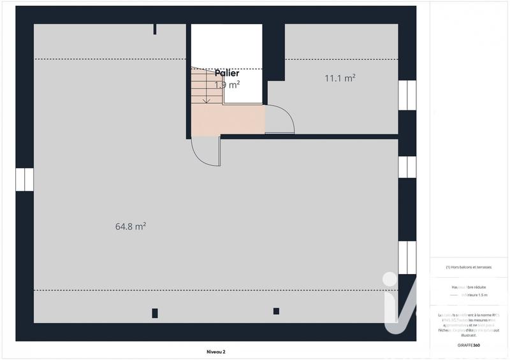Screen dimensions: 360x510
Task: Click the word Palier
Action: [227, 74]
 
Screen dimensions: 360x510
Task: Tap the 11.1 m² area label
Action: [340, 78]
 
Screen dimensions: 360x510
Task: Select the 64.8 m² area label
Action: [131, 226]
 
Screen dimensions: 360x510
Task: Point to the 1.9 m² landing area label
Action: [227, 85]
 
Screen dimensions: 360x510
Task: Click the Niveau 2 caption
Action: [215, 351]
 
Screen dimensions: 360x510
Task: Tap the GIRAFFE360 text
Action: [468, 345]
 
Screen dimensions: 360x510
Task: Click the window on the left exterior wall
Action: [24, 180]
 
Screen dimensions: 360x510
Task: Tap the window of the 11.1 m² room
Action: [407, 95]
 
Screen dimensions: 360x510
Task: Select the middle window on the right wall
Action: [407, 167]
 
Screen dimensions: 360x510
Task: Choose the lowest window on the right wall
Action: [407, 257]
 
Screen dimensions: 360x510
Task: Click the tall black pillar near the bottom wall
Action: [155, 313]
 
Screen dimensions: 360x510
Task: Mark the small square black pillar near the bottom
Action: [276, 311]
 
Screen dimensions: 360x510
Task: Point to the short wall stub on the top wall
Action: [154, 29]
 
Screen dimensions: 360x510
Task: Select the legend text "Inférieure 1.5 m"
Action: [475, 295]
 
